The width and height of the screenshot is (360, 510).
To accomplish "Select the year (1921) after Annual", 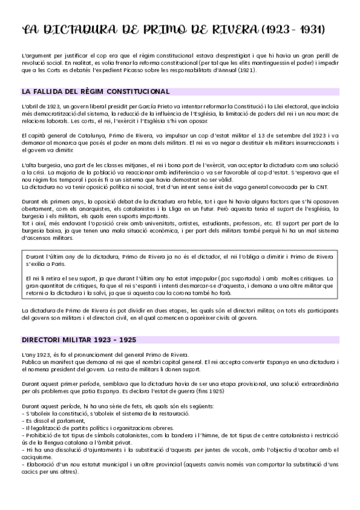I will click(245, 70).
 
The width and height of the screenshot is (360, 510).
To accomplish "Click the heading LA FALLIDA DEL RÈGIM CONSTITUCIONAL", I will click(95, 91).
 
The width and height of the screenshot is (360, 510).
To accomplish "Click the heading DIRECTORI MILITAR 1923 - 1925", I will click(78, 339).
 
